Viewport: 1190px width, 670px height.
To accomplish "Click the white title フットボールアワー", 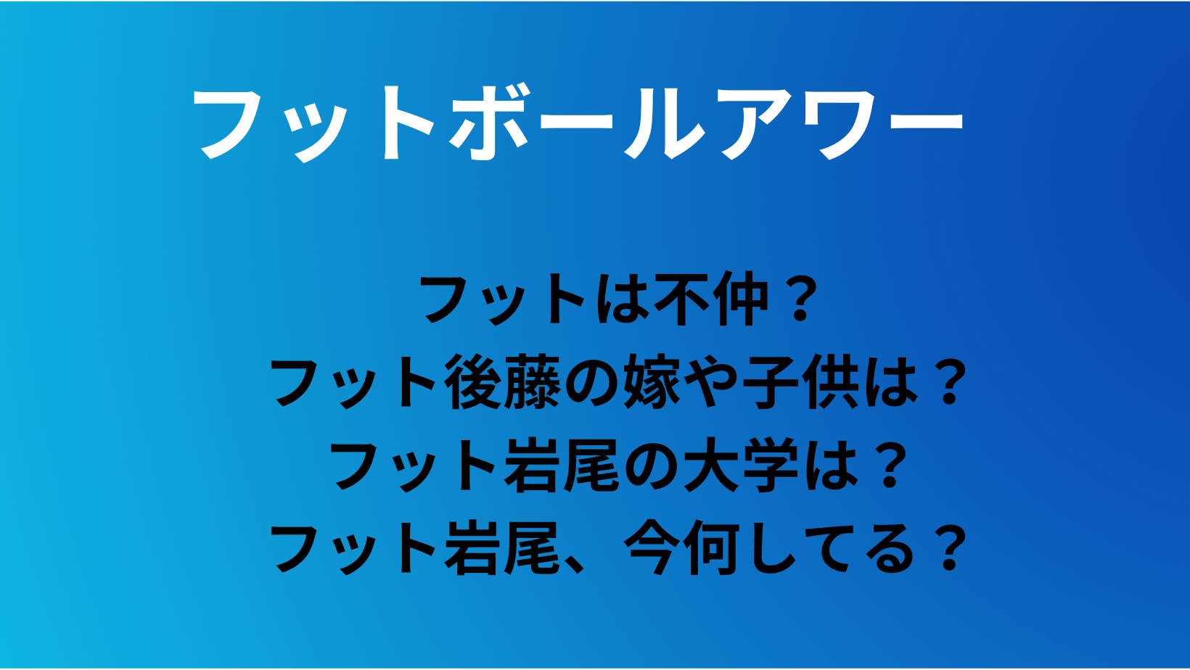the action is pyautogui.click(x=578, y=122).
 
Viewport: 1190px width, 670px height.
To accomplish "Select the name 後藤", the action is pyautogui.click(x=503, y=382).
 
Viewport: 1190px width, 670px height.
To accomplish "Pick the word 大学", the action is pyautogui.click(x=741, y=465).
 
